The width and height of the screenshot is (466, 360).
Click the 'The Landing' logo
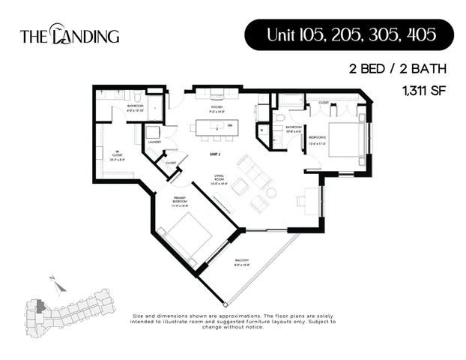click(69, 34)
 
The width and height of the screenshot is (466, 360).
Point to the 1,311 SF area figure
click(423, 91)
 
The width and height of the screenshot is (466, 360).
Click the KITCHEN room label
click(217, 109)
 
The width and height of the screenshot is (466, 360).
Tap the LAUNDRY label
click(156, 141)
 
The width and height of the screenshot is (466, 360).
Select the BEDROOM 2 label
click(318, 140)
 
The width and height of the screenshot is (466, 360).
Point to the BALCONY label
click(240, 262)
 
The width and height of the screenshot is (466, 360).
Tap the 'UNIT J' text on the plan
click(215, 153)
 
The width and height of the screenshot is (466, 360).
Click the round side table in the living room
click(270, 192)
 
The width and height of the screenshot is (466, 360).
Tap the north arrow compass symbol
click(55, 283)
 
